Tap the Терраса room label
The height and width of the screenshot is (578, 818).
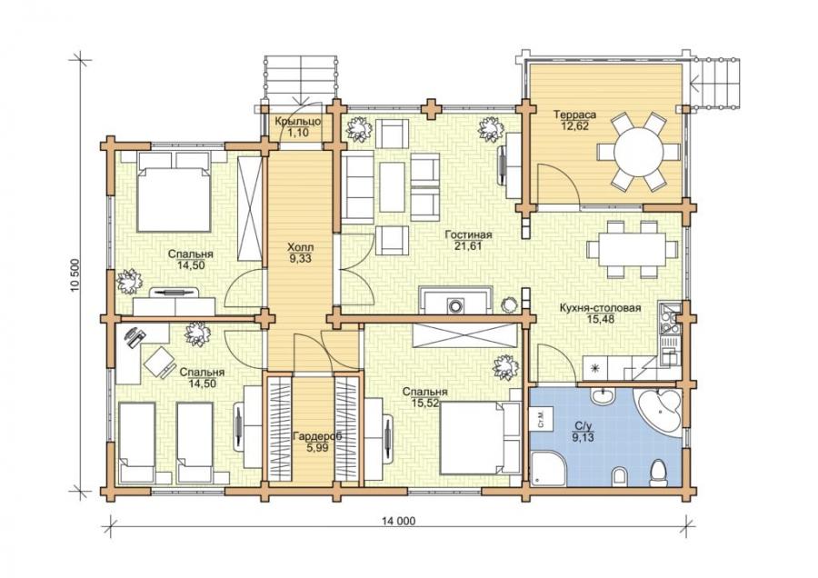pyautogui.click(x=575, y=115)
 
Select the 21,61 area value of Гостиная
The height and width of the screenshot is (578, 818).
pyautogui.click(x=468, y=246)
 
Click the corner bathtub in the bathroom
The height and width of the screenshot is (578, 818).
pyautogui.click(x=658, y=410)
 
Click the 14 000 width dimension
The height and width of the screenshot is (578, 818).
pyautogui.click(x=399, y=521)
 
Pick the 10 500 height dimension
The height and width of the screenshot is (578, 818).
pyautogui.click(x=77, y=275)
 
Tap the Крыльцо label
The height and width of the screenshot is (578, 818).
pyautogui.click(x=297, y=121)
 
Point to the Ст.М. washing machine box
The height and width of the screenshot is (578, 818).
pyautogui.click(x=540, y=419)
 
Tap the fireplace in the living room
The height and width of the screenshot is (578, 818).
pyautogui.click(x=455, y=301)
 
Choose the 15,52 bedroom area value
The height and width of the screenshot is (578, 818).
pyautogui.click(x=425, y=403)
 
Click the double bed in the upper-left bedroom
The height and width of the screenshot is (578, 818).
pyautogui.click(x=174, y=192)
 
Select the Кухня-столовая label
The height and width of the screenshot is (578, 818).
pyautogui.click(x=600, y=308)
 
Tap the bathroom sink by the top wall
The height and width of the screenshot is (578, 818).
pyautogui.click(x=605, y=395)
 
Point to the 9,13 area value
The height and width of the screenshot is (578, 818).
pyautogui.click(x=583, y=438)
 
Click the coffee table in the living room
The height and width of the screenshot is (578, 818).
pyautogui.click(x=393, y=186)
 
